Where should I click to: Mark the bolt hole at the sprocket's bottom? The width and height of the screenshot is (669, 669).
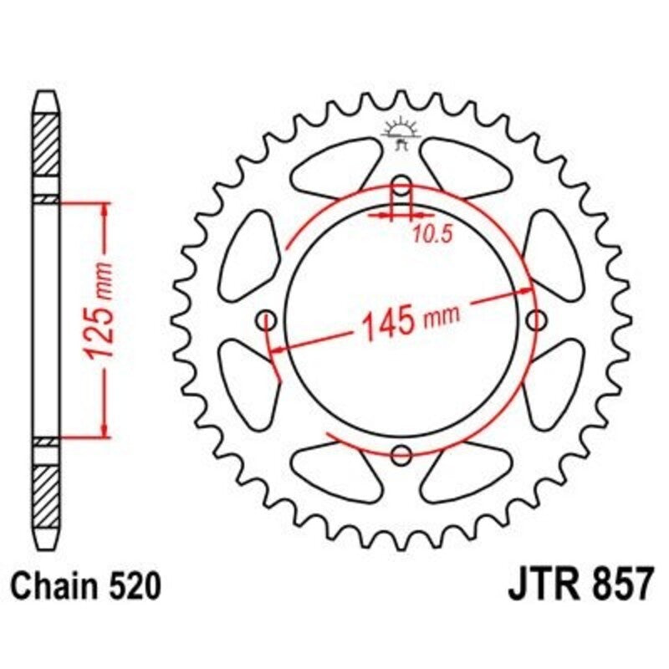point(402,455)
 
